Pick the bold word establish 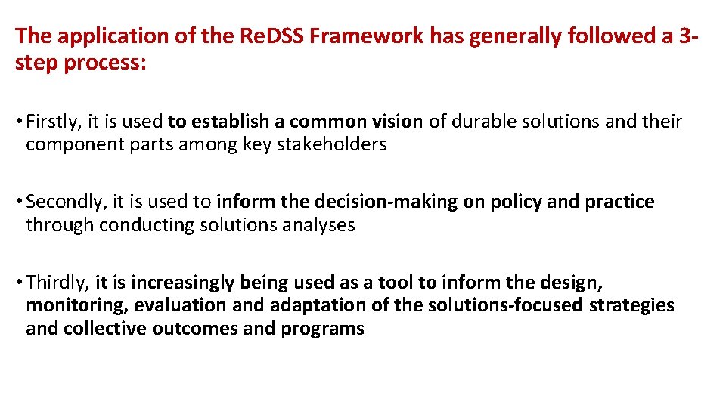click(x=228, y=122)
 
